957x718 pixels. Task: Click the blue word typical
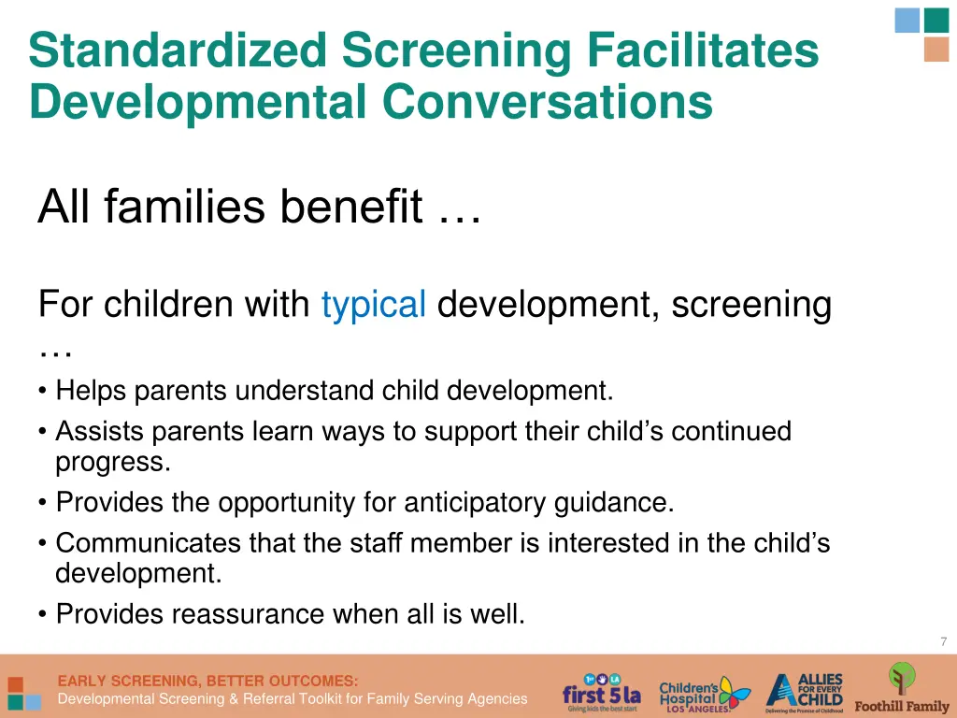click(x=374, y=305)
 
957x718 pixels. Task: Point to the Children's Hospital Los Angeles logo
click(x=704, y=695)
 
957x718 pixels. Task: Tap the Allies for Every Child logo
click(x=805, y=693)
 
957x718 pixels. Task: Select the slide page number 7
click(x=943, y=641)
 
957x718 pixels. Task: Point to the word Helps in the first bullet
click(x=92, y=390)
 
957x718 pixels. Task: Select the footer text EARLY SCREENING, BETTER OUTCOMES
click(x=207, y=681)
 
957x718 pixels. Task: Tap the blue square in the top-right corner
click(x=907, y=20)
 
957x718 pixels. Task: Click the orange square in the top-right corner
click(x=936, y=50)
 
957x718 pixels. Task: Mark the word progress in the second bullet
click(x=112, y=462)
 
